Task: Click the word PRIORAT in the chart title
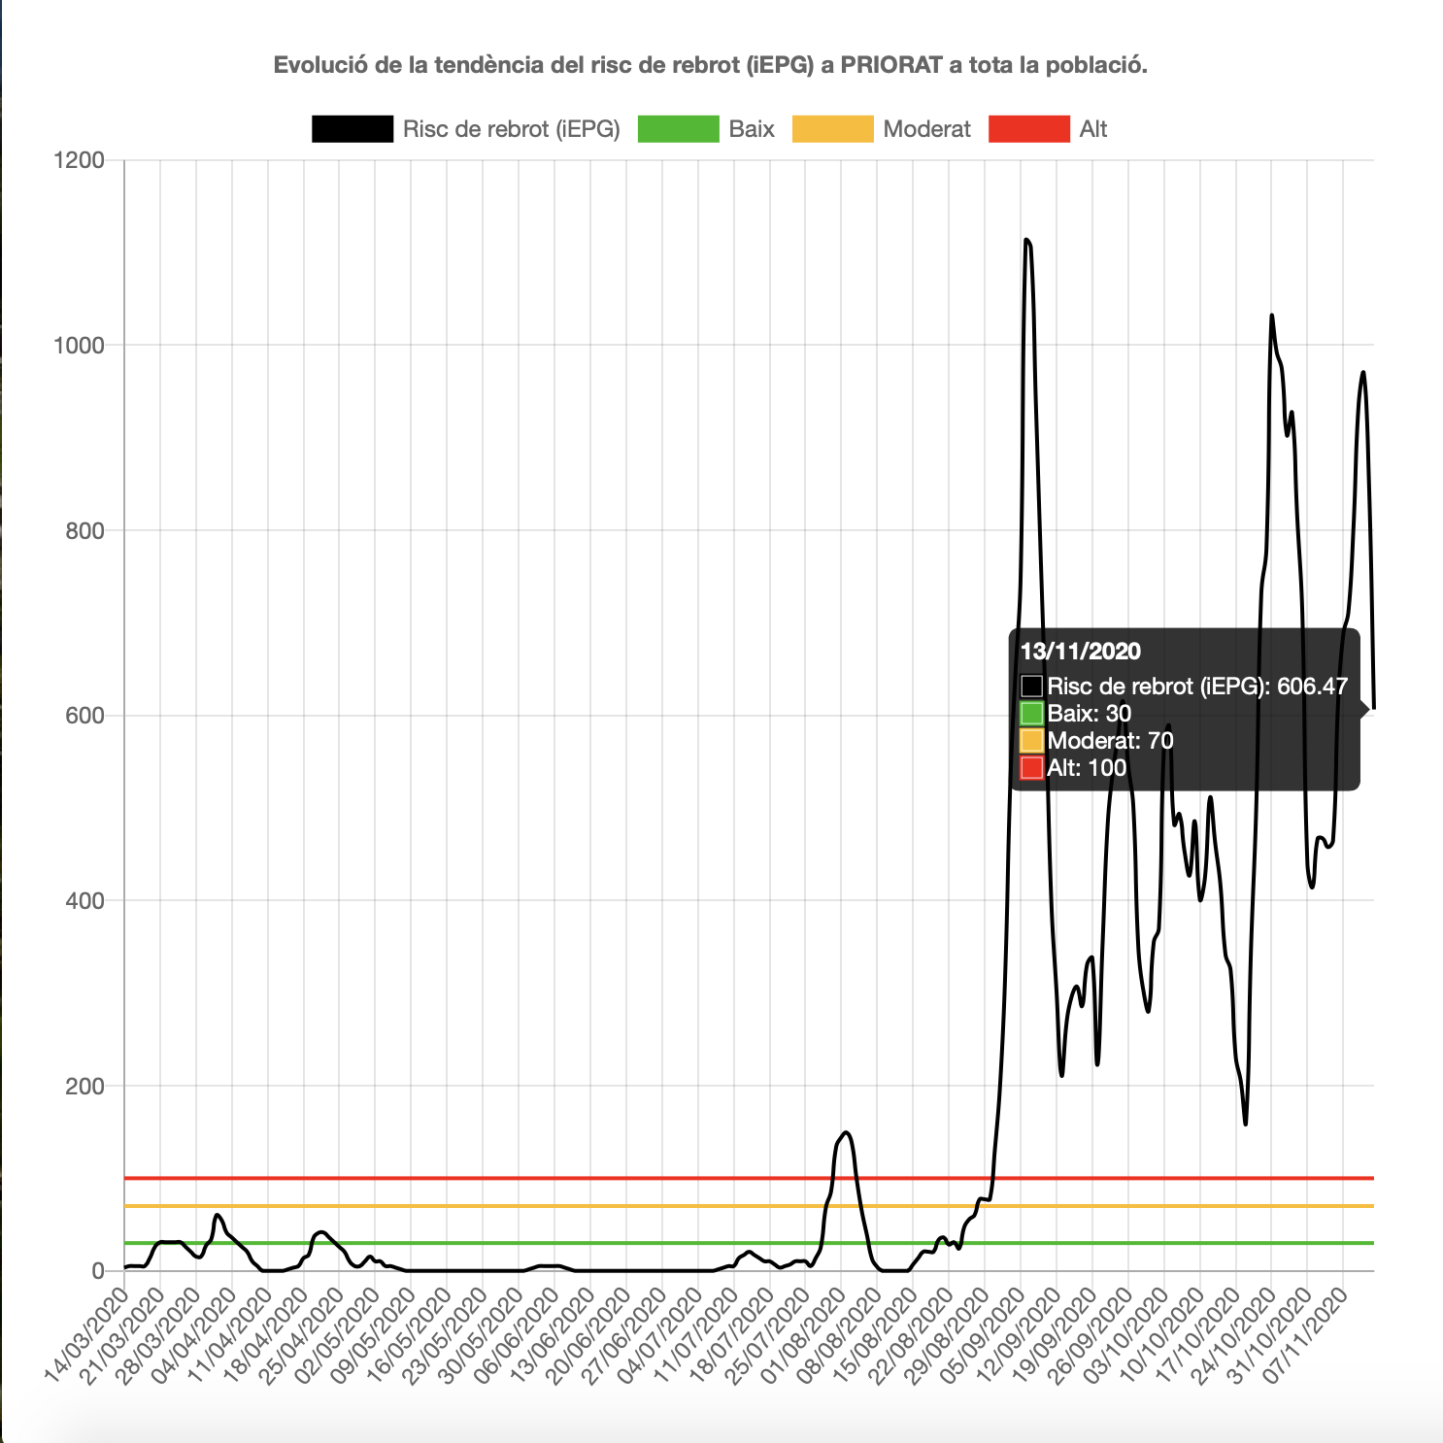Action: [890, 65]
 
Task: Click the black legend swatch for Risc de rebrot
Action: [352, 129]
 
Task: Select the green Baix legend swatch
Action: [678, 129]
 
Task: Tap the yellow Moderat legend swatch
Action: [832, 129]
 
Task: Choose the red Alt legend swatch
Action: [1028, 129]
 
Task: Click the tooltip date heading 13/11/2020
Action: [1080, 652]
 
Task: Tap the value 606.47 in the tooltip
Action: [1312, 687]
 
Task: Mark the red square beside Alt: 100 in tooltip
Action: [1031, 768]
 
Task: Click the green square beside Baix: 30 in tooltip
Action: [1031, 714]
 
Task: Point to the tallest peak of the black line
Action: [1026, 240]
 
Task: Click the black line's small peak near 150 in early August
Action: [846, 1132]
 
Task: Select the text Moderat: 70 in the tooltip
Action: [1110, 741]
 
